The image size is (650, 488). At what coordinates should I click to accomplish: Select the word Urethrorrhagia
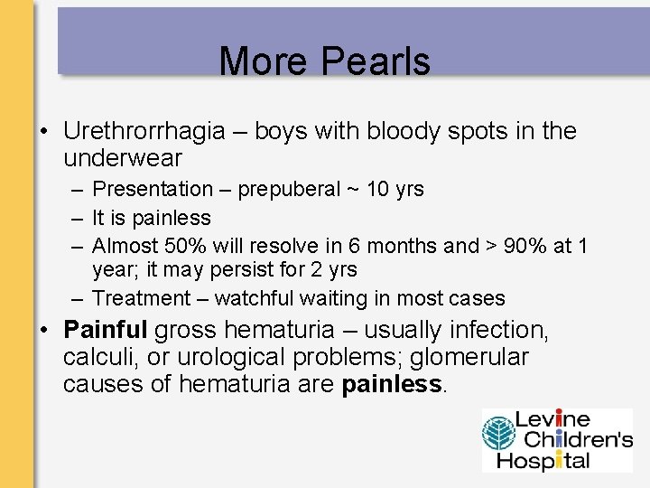pyautogui.click(x=144, y=132)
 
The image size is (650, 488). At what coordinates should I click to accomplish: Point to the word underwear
pyautogui.click(x=123, y=158)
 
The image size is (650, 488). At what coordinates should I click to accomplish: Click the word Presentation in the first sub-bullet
pyautogui.click(x=153, y=190)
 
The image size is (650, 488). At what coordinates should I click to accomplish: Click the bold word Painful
pyautogui.click(x=106, y=331)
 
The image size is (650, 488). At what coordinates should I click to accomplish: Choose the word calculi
pyautogui.click(x=98, y=358)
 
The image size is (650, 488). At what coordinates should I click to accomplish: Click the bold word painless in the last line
pyautogui.click(x=392, y=385)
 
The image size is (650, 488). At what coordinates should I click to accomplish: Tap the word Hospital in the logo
pyautogui.click(x=551, y=460)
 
